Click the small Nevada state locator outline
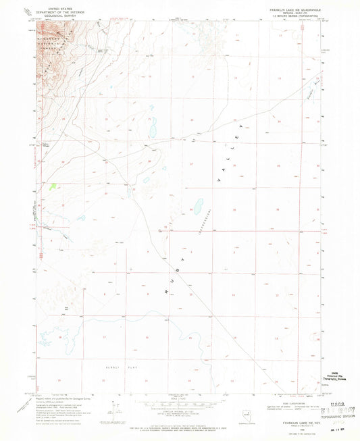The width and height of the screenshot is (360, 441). [x=251, y=411]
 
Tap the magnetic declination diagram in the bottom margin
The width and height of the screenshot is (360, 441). [x=120, y=407]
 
